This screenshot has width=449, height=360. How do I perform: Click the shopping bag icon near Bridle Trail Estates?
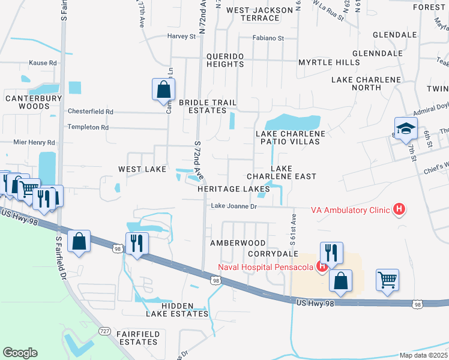click(x=163, y=90)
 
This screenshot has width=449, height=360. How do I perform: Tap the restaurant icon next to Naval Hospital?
click(x=331, y=253)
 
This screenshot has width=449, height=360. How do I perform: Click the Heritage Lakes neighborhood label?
click(x=234, y=188)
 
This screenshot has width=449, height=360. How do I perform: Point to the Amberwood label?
click(x=238, y=242)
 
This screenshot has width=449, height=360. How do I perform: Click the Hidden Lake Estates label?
click(x=176, y=309)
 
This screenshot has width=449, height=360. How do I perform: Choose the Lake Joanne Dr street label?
click(x=234, y=206)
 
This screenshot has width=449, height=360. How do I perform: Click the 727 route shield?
click(x=104, y=331)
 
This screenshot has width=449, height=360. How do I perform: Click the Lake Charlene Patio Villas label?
click(x=291, y=137)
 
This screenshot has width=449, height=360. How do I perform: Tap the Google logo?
click(x=20, y=352)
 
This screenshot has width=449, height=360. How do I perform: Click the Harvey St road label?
click(x=182, y=37)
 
